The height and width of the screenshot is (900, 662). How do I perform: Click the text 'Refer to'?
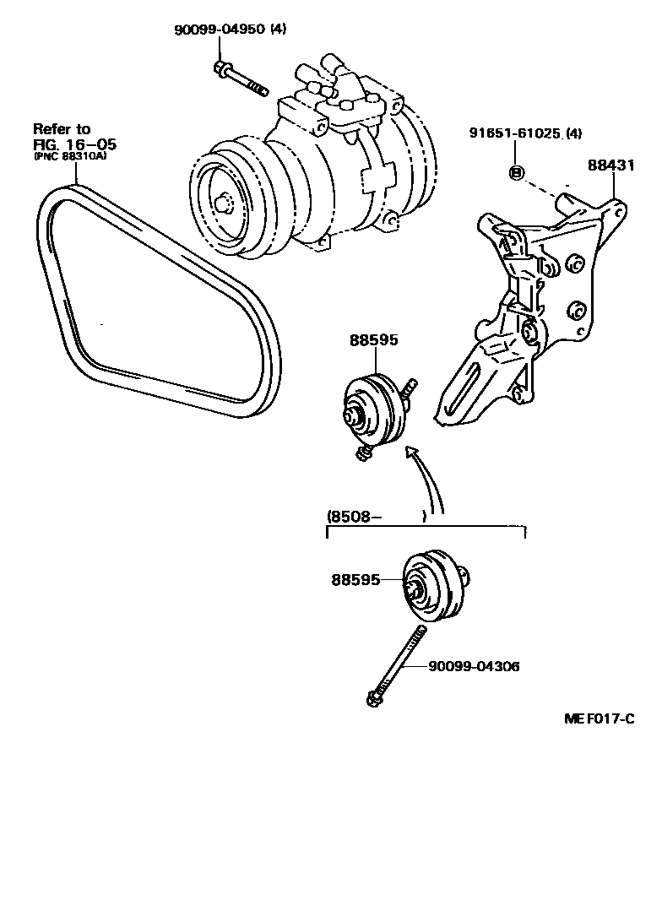(x=61, y=129)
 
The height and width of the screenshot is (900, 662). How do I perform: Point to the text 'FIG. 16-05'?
(x=73, y=144)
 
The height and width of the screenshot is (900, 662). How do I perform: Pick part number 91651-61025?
(x=514, y=133)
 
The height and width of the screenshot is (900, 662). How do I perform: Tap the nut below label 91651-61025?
(x=517, y=173)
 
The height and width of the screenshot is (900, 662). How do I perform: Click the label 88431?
(x=610, y=166)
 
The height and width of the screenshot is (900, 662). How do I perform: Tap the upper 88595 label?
(x=374, y=340)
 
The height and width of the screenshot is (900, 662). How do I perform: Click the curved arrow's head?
(x=412, y=453)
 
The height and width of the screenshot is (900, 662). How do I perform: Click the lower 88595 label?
(x=355, y=580)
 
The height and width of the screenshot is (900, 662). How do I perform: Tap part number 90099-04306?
(x=474, y=666)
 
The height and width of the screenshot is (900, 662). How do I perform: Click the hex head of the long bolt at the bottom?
(x=372, y=698)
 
